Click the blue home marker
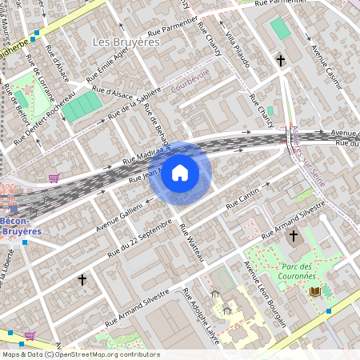click(x=180, y=173)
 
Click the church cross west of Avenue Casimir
click(x=281, y=60)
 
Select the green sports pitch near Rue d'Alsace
click(x=82, y=107)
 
